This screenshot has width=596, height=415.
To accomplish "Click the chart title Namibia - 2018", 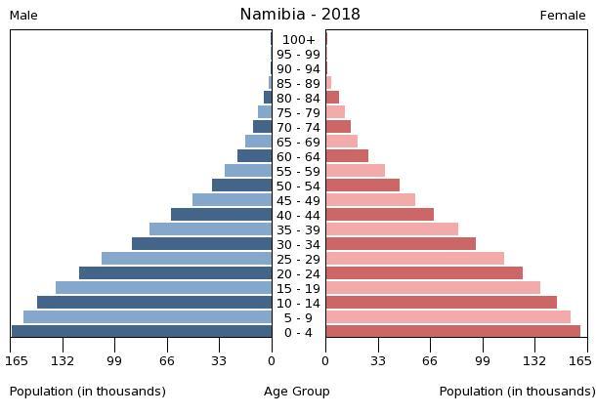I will (299, 15).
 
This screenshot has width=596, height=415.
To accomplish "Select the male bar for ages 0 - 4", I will (142, 332).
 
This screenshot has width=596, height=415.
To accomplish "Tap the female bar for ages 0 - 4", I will (452, 332).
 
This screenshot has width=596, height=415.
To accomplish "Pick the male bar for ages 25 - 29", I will (187, 259).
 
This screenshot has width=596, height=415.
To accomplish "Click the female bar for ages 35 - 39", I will (392, 229).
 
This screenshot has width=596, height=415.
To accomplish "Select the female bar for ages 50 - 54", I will (362, 186).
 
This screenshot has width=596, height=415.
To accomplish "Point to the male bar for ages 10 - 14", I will (154, 303).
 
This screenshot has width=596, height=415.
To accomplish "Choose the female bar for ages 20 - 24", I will (424, 273).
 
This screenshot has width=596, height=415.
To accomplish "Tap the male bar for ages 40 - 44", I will (222, 215).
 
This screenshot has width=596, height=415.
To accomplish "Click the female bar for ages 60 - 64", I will (347, 156).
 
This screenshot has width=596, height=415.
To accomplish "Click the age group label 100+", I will (298, 40).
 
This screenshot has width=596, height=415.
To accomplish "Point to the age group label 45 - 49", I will (298, 201).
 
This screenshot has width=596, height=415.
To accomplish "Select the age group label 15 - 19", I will (298, 289).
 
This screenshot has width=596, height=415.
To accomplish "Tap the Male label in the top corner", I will (23, 16).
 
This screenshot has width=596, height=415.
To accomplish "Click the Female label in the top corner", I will (563, 16).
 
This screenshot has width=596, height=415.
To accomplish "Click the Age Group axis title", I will (297, 392).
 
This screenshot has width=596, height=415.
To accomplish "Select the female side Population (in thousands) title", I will (517, 392).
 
